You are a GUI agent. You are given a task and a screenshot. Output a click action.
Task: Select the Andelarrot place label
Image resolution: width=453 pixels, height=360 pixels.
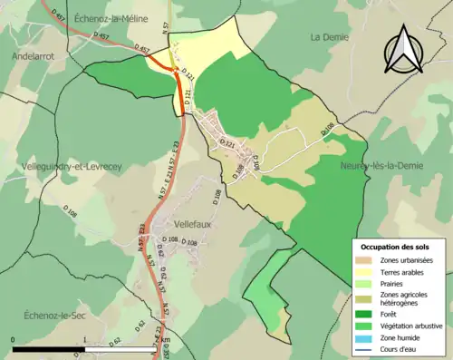[34, 55]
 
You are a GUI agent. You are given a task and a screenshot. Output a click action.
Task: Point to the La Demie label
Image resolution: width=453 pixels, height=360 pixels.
[328, 37]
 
